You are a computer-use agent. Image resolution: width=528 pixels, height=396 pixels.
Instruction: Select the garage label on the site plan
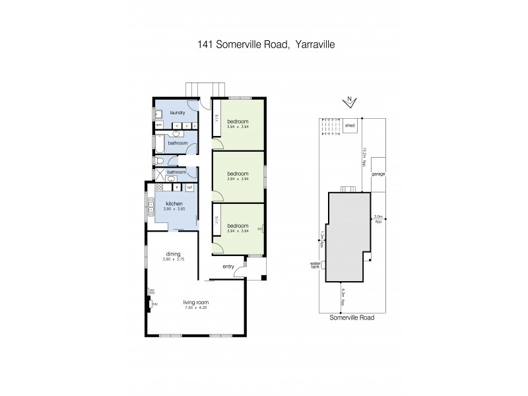pyautogui.click(x=378, y=174)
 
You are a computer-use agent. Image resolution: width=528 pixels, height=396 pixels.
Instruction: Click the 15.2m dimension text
pyautogui.click(x=364, y=156)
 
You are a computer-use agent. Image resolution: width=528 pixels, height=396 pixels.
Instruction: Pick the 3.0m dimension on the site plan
pyautogui.click(x=378, y=218)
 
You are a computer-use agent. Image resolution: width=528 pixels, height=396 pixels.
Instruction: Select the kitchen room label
pyautogui.click(x=174, y=204)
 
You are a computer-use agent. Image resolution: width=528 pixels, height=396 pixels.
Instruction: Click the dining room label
pyautogui.click(x=174, y=253)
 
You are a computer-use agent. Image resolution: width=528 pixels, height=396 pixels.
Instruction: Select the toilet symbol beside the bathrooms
pyautogui.click(x=159, y=160)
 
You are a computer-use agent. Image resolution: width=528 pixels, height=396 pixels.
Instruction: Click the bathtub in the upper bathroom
pyautogui.click(x=158, y=143)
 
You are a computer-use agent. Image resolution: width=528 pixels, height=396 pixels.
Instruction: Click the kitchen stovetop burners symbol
pyautogui.click(x=158, y=187)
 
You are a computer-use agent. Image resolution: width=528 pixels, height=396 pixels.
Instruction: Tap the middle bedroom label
pyautogui.click(x=238, y=174)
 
